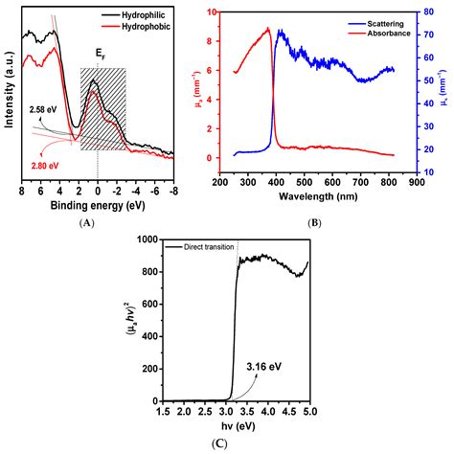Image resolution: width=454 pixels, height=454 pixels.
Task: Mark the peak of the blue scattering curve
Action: point(279,30)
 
